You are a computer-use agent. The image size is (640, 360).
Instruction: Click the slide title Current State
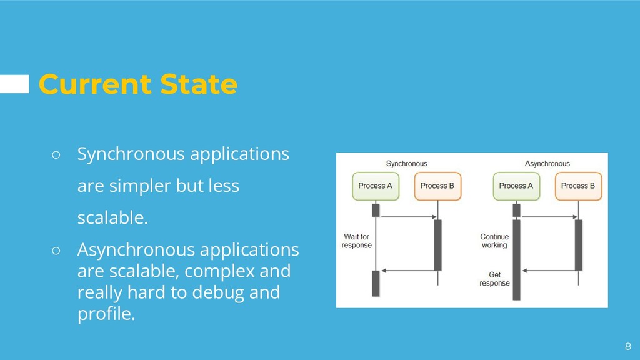137,84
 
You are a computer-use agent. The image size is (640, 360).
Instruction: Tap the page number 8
628,346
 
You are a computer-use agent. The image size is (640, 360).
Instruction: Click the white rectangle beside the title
14,84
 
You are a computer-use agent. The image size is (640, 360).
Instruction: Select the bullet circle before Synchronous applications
56,154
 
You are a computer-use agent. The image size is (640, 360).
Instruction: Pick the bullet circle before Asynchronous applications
56,251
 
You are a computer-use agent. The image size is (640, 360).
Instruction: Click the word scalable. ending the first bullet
112,219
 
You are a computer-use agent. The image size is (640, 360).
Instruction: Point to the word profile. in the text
106,314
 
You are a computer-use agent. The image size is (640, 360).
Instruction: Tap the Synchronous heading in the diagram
406,164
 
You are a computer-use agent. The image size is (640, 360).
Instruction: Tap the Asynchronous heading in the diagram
547,164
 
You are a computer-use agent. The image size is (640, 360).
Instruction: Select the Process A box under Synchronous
376,186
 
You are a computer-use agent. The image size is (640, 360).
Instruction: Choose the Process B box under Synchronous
437,186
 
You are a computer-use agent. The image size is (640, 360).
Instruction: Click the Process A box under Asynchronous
516,186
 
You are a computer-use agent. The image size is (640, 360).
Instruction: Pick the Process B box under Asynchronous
578,186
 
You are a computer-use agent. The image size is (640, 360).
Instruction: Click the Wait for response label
356,241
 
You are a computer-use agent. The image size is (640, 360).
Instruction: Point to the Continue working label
494,241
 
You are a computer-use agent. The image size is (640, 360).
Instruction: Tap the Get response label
494,279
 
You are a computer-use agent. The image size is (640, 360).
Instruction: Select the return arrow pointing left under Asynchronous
548,271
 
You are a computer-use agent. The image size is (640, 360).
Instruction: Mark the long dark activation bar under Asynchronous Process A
516,259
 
